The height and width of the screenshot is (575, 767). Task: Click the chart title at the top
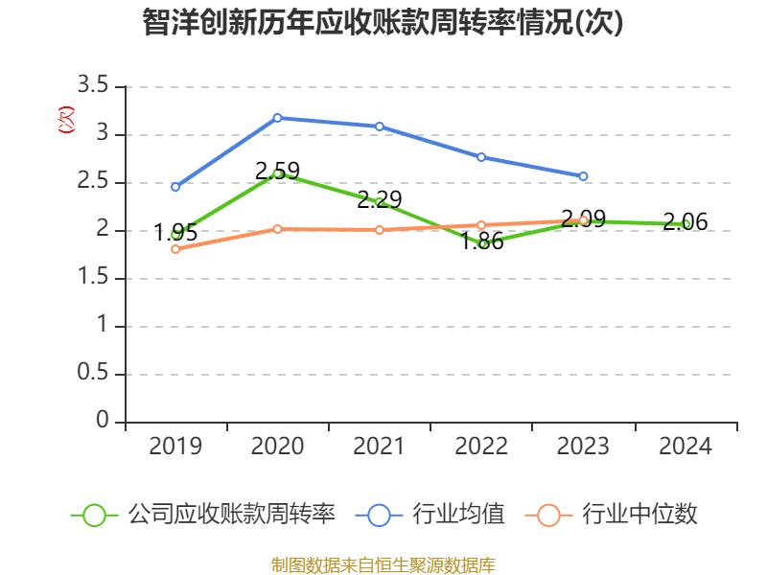(x=383, y=23)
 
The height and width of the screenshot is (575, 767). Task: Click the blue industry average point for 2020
(x=277, y=118)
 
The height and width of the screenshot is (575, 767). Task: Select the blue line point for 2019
(x=175, y=187)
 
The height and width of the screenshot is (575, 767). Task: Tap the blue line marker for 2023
(x=583, y=176)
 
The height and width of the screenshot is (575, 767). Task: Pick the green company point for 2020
(x=277, y=173)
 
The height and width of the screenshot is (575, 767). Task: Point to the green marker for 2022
(x=481, y=243)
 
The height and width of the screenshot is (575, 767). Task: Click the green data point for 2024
(x=686, y=224)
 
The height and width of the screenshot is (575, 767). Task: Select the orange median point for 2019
(x=175, y=249)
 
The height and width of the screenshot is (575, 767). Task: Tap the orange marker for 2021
(x=380, y=230)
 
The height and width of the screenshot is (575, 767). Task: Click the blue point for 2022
(x=481, y=157)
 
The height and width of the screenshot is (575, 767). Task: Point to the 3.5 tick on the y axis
(x=94, y=87)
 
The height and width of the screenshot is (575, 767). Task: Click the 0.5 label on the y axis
(x=94, y=375)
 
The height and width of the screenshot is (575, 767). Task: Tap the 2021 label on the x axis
(x=380, y=447)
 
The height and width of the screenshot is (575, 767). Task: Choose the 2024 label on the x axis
(x=686, y=447)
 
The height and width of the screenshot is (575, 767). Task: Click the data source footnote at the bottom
(x=383, y=564)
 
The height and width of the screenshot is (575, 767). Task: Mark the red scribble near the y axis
(x=65, y=120)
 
